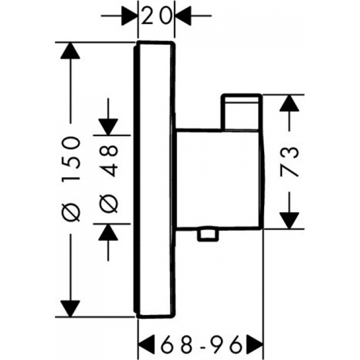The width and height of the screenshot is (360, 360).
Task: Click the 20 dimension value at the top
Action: pyautogui.click(x=156, y=17)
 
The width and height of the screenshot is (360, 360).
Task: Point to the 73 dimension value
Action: pyautogui.click(x=291, y=161)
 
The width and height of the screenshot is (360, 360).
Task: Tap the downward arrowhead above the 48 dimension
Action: pyautogui.click(x=107, y=125)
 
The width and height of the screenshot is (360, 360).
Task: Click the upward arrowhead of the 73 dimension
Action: pyautogui.click(x=291, y=104)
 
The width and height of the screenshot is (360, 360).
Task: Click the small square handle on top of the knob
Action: pyautogui.click(x=241, y=111)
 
